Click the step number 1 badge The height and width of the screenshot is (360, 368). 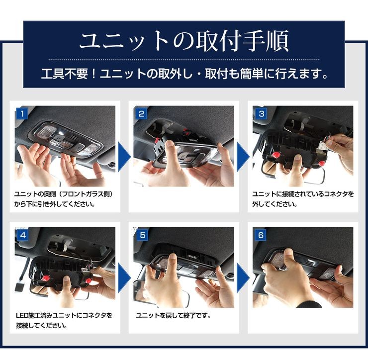pyautogui.click(x=22, y=114)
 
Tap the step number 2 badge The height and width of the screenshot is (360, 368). pyautogui.click(x=141, y=114)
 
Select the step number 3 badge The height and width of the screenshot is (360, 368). pyautogui.click(x=261, y=114)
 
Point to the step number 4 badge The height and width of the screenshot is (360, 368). pyautogui.click(x=23, y=235)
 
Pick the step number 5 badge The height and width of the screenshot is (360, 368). pyautogui.click(x=143, y=235)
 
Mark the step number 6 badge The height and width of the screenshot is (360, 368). pyautogui.click(x=261, y=235)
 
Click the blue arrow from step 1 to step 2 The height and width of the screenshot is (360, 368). pyautogui.click(x=124, y=157)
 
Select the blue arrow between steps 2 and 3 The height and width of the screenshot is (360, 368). pyautogui.click(x=243, y=157)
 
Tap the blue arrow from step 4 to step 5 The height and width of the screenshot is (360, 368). pyautogui.click(x=124, y=278)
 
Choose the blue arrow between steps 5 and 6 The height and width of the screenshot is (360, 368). pyautogui.click(x=243, y=278)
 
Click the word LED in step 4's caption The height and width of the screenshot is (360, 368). pyautogui.click(x=22, y=316)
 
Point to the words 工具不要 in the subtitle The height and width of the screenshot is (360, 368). pyautogui.click(x=64, y=74)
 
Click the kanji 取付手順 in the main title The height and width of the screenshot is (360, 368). pyautogui.click(x=242, y=41)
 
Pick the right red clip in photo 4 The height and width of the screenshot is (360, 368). pyautogui.click(x=89, y=280)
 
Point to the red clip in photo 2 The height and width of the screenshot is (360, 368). pyautogui.click(x=156, y=141)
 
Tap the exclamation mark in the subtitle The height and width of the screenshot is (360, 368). pyautogui.click(x=93, y=74)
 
